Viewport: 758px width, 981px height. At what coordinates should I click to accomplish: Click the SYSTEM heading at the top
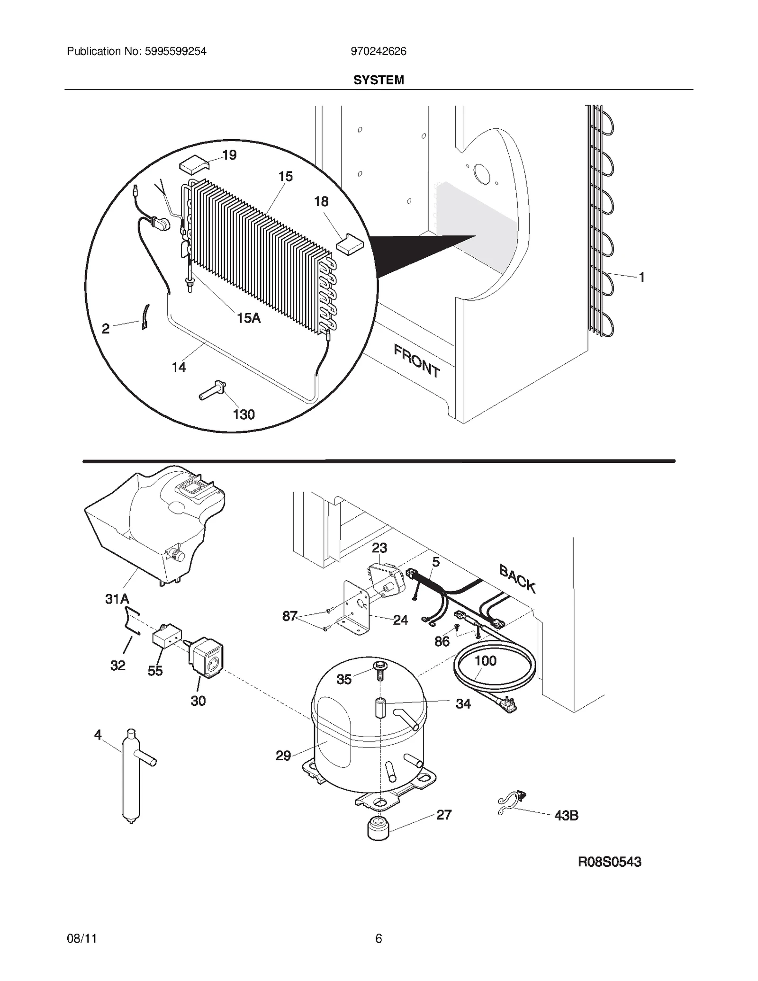click(x=379, y=80)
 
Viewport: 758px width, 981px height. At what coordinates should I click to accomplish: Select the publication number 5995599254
click(x=136, y=51)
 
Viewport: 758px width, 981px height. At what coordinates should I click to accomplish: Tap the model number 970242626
click(x=378, y=51)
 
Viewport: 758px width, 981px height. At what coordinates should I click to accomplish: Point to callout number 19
click(x=229, y=155)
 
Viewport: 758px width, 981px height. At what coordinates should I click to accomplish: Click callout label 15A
click(x=249, y=318)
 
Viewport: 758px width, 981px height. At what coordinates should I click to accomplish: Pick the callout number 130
click(x=244, y=415)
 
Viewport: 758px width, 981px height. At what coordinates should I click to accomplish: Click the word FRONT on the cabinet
click(x=416, y=361)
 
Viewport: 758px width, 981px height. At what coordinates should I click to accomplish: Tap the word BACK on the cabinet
click(x=517, y=579)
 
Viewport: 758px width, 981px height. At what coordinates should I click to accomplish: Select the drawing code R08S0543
click(x=609, y=862)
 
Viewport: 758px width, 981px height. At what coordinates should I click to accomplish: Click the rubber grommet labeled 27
click(x=378, y=828)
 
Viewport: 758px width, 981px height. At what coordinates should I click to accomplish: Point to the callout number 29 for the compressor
click(x=283, y=756)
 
